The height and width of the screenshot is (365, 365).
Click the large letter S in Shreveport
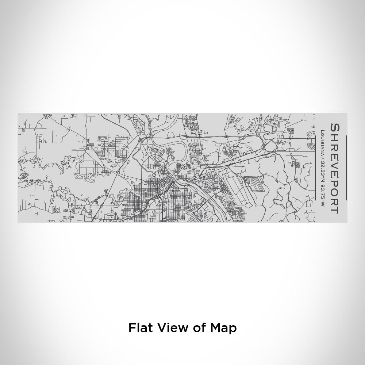click(x=334, y=129)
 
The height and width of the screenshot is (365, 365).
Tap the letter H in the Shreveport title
click(x=334, y=139)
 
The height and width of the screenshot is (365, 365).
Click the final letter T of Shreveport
click(x=334, y=209)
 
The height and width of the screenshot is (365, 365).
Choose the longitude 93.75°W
click(x=323, y=193)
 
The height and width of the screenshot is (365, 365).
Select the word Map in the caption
click(x=223, y=327)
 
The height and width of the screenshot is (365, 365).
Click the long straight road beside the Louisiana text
click(x=315, y=168)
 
